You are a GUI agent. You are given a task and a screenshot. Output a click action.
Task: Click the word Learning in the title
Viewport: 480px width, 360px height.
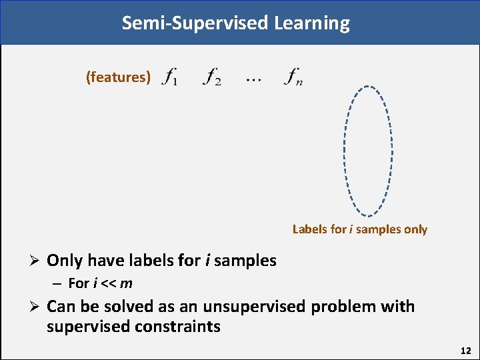pyautogui.click(x=311, y=23)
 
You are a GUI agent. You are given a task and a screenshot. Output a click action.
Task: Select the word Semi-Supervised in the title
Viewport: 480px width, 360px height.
pyautogui.click(x=195, y=23)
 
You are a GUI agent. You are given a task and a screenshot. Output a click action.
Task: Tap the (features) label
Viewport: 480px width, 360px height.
pyautogui.click(x=118, y=77)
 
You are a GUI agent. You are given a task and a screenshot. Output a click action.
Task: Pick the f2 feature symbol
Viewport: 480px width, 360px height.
pyautogui.click(x=213, y=77)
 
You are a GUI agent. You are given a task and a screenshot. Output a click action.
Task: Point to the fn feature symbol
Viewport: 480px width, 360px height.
pyautogui.click(x=293, y=77)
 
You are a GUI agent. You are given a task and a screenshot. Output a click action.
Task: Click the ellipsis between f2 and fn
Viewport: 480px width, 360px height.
pyautogui.click(x=253, y=80)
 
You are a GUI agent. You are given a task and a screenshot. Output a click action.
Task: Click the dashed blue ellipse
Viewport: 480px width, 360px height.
pyautogui.click(x=345, y=151)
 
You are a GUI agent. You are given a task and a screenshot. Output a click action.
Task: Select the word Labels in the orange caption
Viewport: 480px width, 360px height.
pyautogui.click(x=309, y=229)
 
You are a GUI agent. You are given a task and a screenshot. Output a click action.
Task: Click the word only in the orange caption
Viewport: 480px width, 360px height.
pyautogui.click(x=415, y=229)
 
